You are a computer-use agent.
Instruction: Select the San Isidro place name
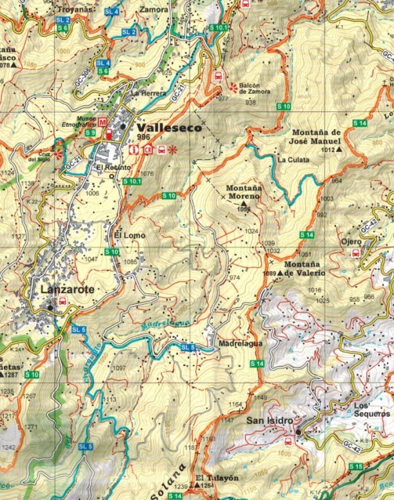tap(271, 420)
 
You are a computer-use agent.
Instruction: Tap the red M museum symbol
tap(102, 123)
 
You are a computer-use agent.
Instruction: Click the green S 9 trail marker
tap(91, 133)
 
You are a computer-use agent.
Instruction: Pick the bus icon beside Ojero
tap(356, 253)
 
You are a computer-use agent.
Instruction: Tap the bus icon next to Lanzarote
tap(63, 301)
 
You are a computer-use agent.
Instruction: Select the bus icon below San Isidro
tap(288, 439)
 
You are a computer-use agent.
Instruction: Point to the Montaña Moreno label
tap(244, 193)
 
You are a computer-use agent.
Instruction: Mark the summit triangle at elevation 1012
tap(339, 151)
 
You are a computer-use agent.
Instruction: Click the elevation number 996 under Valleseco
tap(143, 137)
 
